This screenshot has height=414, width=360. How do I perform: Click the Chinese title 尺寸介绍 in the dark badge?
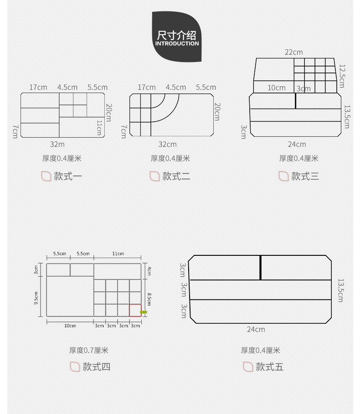pyautogui.click(x=177, y=35)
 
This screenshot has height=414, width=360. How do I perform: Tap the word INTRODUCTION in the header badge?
pyautogui.click(x=177, y=44)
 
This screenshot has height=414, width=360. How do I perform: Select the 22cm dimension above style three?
pyautogui.click(x=293, y=52)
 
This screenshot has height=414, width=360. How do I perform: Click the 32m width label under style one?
pyautogui.click(x=57, y=144)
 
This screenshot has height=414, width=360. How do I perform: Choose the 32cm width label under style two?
pyautogui.click(x=167, y=144)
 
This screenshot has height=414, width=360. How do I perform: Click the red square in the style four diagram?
pyautogui.click(x=135, y=310)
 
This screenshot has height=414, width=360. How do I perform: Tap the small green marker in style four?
pyautogui.click(x=143, y=312)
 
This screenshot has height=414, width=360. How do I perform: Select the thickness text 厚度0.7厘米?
pyautogui.click(x=89, y=350)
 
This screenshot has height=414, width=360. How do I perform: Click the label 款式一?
pyautogui.click(x=68, y=176)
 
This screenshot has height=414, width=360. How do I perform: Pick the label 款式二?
pyautogui.click(x=176, y=176)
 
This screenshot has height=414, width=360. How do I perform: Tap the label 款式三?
pyautogui.click(x=305, y=176)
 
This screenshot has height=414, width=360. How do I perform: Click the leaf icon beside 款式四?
pyautogui.click(x=75, y=366)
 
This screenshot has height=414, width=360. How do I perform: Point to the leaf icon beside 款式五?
pyautogui.click(x=248, y=366)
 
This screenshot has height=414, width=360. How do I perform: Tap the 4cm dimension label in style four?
pyautogui.click(x=149, y=271)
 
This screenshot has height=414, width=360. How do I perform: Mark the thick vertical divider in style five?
pyautogui.click(x=261, y=268)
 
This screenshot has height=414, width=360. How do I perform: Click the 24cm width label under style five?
pyautogui.click(x=256, y=329)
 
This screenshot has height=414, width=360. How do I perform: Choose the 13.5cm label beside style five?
pyautogui.click(x=341, y=290)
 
